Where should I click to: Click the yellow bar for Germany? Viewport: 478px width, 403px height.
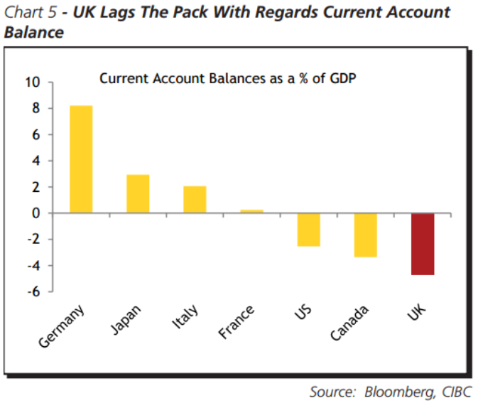(x=81, y=159)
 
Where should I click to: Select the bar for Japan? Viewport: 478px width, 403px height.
(x=138, y=193)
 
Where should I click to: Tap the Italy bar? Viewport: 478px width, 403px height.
(x=195, y=199)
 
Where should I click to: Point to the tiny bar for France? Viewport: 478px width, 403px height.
(x=251, y=211)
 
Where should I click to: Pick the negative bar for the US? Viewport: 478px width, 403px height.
(x=308, y=230)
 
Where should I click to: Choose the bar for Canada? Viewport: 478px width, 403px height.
(x=365, y=235)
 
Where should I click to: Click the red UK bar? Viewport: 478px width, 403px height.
(x=422, y=244)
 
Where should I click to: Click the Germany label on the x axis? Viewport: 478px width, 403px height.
(x=62, y=326)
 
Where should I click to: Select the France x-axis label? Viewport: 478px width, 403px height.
(x=237, y=323)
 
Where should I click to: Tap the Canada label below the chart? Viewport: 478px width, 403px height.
(x=349, y=323)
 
